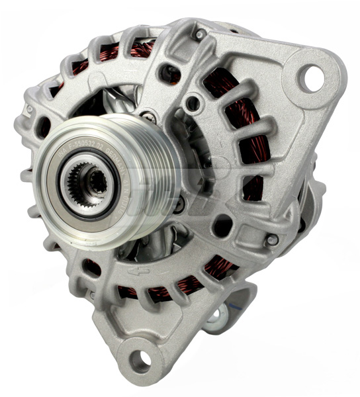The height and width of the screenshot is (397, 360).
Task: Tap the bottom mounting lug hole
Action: (x=140, y=360)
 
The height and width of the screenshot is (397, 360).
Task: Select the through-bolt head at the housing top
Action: (x=199, y=34)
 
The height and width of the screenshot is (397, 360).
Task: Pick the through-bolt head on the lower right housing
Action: (x=271, y=241)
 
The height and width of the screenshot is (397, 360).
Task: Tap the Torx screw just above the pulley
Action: (x=151, y=117)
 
